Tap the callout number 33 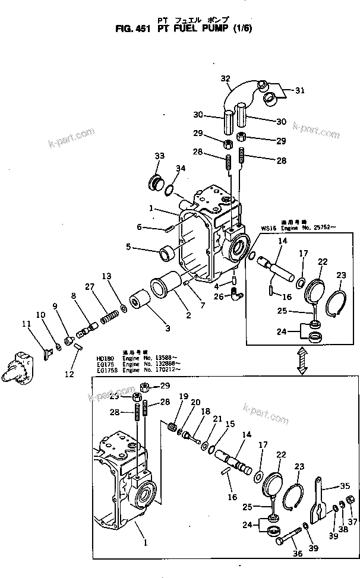pos(159,156)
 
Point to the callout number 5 pos(128,247)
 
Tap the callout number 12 pos(70,374)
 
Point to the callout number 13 pos(107,276)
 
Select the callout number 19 pos(183,397)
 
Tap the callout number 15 pos(230,424)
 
